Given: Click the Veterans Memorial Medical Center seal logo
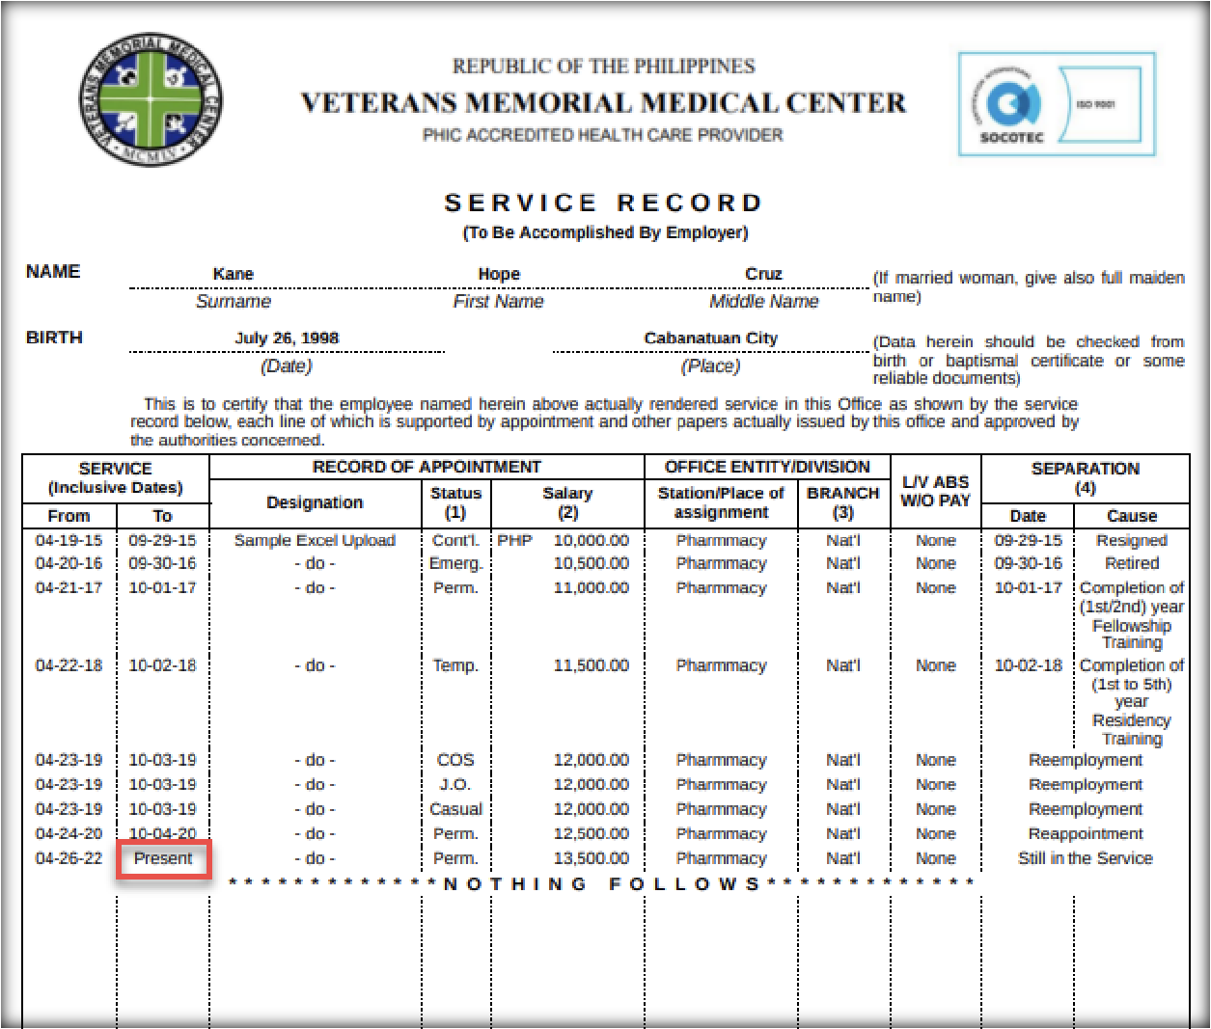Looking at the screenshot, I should [x=151, y=100].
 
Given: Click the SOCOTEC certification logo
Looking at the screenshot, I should [x=1056, y=104].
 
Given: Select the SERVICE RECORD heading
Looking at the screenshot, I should [x=604, y=203].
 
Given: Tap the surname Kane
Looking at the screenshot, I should [x=234, y=274].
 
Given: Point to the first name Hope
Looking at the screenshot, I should [x=499, y=274].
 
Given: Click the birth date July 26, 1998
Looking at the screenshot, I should [x=287, y=338].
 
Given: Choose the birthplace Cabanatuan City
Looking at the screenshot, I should [x=710, y=338].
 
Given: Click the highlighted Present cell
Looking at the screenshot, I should [x=163, y=858].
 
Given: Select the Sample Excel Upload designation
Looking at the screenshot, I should [x=315, y=541].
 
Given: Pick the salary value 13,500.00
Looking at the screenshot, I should [x=591, y=858].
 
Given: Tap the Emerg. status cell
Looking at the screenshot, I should [x=455, y=563].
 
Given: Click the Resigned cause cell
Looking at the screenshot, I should [x=1131, y=541].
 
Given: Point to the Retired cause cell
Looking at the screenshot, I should [x=1131, y=563].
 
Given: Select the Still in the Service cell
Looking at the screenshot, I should [x=1085, y=858].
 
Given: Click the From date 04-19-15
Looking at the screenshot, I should [x=69, y=541].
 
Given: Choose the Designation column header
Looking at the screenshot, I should [x=315, y=502].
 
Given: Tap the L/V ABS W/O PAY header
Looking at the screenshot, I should [x=935, y=491].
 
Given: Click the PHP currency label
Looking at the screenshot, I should [x=514, y=541].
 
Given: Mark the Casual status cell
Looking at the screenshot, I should [x=455, y=809].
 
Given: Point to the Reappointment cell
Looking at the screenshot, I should [x=1085, y=834].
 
